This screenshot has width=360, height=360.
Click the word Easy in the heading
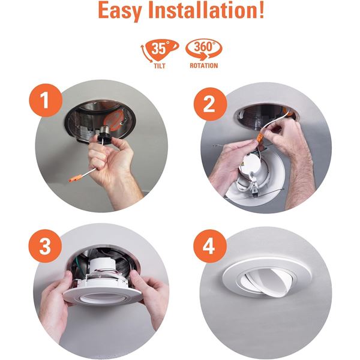[x=119, y=11]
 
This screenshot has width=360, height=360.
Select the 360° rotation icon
[x=204, y=50]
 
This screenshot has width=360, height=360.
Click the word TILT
[x=160, y=66]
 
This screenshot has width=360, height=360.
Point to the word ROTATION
[x=204, y=65]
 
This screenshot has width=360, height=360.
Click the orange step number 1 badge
[x=46, y=100]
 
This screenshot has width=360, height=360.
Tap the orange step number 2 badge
[x=210, y=104]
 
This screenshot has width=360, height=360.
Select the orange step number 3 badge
[x=45, y=246]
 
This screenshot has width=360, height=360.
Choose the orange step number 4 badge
[x=210, y=246]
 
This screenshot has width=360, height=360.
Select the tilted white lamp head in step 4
[x=269, y=281]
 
